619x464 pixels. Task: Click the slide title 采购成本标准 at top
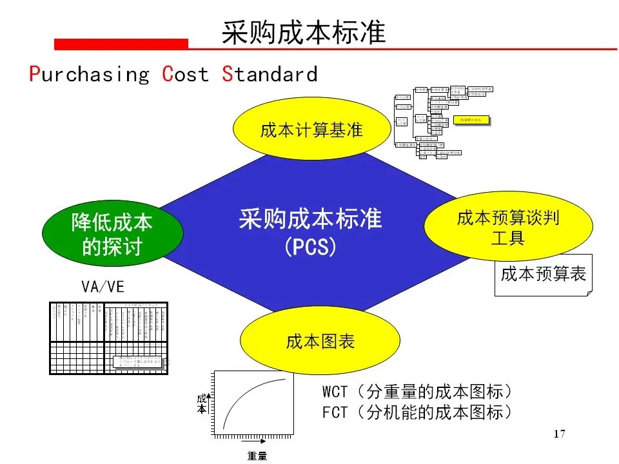[303, 32]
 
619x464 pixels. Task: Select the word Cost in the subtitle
[186, 74]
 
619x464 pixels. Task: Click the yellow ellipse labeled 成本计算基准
[311, 130]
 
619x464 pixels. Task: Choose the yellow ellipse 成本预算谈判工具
[508, 228]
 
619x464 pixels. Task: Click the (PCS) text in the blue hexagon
[310, 247]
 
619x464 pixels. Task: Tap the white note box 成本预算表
[544, 275]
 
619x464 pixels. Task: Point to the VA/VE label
[103, 287]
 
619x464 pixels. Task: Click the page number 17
[559, 434]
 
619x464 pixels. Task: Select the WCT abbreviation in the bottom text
[335, 392]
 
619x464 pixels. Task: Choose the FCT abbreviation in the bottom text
[335, 412]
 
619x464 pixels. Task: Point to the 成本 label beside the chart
[202, 403]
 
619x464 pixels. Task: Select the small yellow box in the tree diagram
[471, 119]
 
